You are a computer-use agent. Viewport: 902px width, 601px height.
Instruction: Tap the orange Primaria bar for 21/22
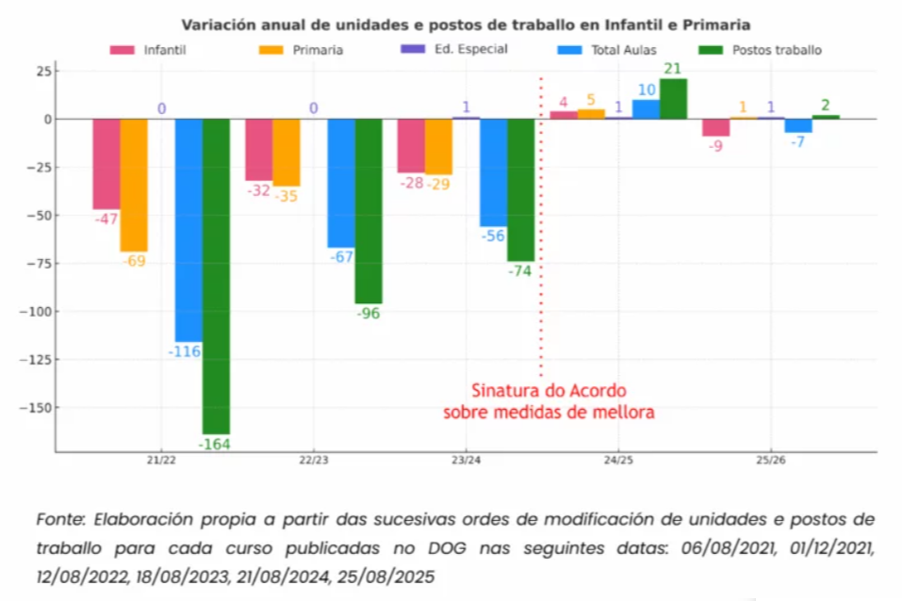[x=134, y=185]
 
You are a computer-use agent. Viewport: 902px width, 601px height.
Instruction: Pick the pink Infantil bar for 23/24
[x=410, y=145]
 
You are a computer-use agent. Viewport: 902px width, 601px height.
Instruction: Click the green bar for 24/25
[x=673, y=99]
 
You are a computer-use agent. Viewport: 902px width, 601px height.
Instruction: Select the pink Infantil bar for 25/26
[x=715, y=127]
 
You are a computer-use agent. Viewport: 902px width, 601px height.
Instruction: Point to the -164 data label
[x=216, y=443]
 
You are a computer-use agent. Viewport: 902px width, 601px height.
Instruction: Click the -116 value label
[x=188, y=350]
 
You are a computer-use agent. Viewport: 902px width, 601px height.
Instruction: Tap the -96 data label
[x=369, y=313]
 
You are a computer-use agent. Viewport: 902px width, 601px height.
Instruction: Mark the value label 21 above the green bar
[x=673, y=69]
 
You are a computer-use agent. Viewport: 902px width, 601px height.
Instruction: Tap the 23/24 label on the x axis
[x=465, y=461]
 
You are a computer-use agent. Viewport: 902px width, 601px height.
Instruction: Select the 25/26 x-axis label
[x=770, y=461]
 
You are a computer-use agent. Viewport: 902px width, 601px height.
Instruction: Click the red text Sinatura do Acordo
[x=549, y=390]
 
